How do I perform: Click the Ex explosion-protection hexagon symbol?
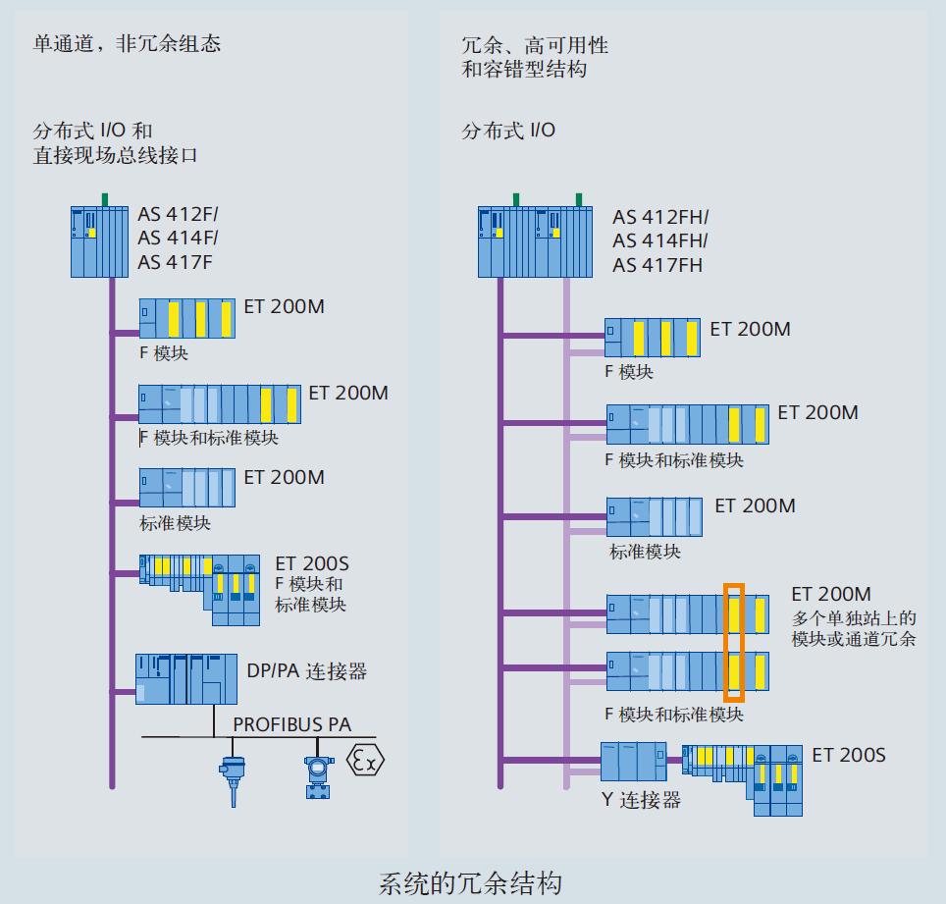point(366,760)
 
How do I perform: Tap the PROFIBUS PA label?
point(291,725)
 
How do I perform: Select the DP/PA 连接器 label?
point(306,672)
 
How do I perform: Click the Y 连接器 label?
point(641,800)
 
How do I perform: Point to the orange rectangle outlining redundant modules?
point(734,643)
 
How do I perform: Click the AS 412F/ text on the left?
point(178,215)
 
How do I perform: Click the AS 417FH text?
point(657,266)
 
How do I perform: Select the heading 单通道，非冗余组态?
point(127,43)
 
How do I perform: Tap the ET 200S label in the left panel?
point(311,563)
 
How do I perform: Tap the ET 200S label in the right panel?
point(848,755)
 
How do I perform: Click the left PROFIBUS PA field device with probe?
point(233,778)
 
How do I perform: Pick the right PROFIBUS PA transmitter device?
point(317,778)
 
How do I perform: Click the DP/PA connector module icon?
point(186,678)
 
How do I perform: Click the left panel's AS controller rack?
point(99,240)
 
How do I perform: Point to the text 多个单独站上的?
point(853,617)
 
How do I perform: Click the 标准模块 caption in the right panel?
point(645,552)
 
